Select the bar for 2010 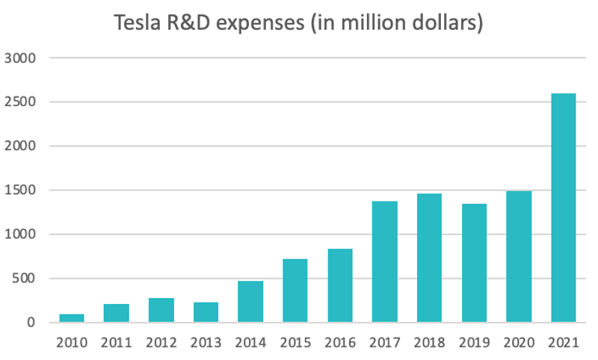[72, 318]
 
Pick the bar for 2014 [250, 302]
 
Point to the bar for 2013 [206, 312]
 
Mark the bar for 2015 [295, 291]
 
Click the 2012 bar [161, 310]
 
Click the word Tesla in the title [138, 24]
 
